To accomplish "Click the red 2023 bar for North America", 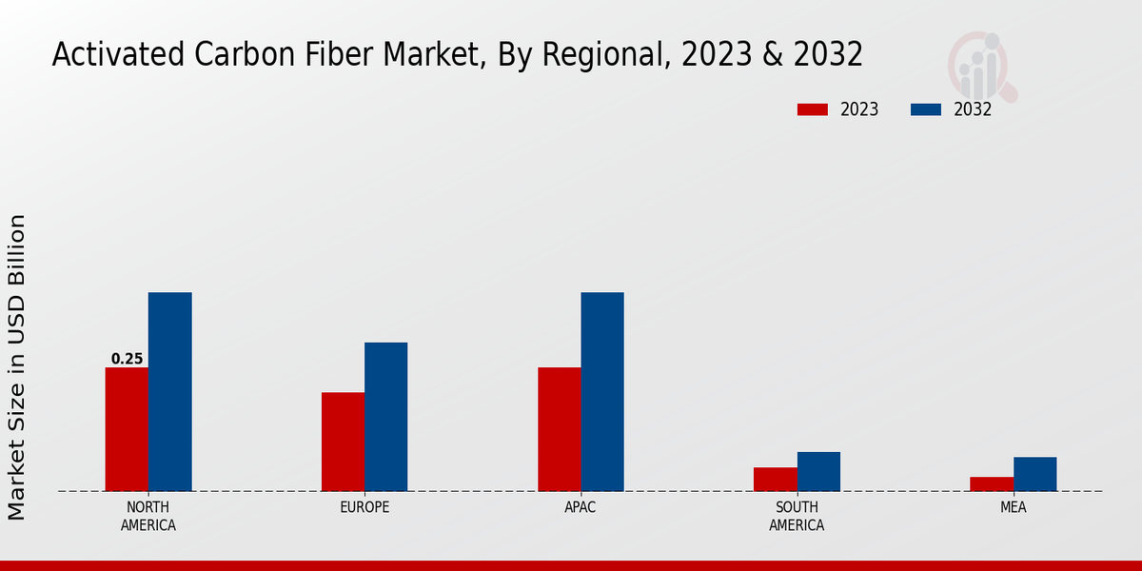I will click(127, 429).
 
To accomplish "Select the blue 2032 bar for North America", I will click(169, 391).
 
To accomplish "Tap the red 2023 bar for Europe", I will click(343, 442).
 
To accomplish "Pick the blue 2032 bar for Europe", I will click(385, 417).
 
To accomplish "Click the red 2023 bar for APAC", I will click(559, 429).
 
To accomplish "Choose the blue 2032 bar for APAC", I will click(602, 391).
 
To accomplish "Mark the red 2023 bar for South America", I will click(775, 480).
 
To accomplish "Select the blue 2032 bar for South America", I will click(818, 471).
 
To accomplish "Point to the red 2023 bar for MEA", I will click(992, 484).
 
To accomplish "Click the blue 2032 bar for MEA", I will click(1034, 474).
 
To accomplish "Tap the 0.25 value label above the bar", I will click(127, 359).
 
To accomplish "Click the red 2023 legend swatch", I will click(813, 109).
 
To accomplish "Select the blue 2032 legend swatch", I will click(925, 109).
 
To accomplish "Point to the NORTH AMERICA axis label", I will click(148, 516).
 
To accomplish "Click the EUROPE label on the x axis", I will click(364, 507).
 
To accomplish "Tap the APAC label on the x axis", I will click(581, 507).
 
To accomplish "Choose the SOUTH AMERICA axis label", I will click(797, 516).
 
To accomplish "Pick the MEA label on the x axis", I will click(1013, 507).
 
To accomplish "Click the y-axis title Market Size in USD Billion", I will click(17, 367).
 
